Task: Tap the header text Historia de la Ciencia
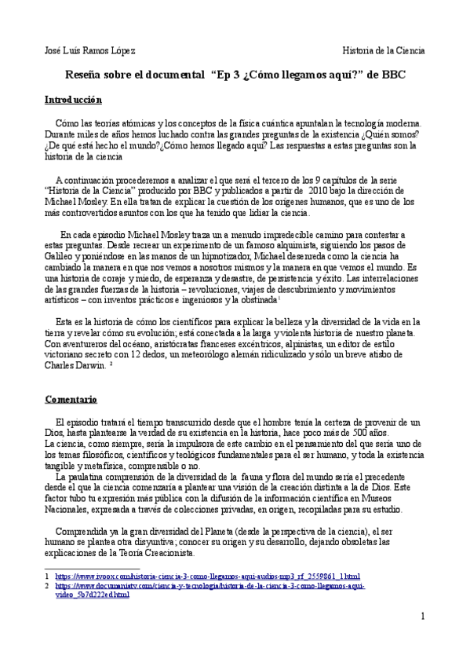coord(384,50)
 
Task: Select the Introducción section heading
coord(73,101)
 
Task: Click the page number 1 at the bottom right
coord(422,616)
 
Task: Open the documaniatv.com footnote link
coord(209,585)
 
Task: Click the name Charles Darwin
coord(75,365)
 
